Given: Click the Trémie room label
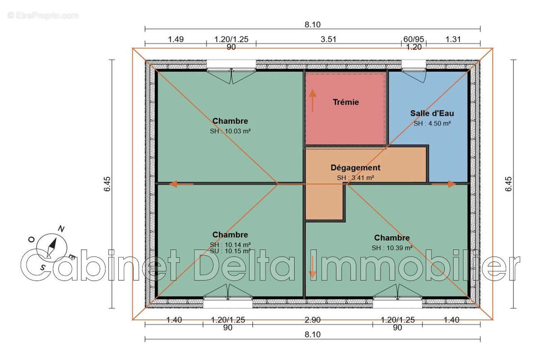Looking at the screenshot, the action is tap(346, 102).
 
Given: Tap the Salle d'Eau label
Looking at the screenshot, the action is tap(432, 113).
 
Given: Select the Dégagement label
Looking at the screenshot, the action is tap(355, 167).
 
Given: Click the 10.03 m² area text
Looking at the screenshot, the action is tap(238, 131).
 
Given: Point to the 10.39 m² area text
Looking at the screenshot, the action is tap(400, 248).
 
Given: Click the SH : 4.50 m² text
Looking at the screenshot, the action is tap(432, 123).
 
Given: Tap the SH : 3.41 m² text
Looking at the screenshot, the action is tap(355, 178).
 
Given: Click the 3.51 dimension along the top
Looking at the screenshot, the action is tap(328, 39).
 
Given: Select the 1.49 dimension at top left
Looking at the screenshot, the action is tap(176, 39).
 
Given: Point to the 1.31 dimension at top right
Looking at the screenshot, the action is tap(453, 39).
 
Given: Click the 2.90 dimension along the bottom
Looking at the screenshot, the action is tap(313, 320).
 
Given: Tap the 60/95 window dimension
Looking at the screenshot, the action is tap(414, 39).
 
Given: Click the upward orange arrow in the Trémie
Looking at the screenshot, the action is tap(312, 101).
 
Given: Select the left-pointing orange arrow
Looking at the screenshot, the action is tap(181, 184).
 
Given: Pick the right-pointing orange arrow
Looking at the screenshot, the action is tap(444, 184).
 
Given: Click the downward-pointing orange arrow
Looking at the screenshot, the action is tap(312, 267).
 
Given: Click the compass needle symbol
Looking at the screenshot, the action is tap(51, 248).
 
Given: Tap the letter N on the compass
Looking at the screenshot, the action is tap(61, 229).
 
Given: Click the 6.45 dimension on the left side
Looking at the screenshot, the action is tap(107, 184).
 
